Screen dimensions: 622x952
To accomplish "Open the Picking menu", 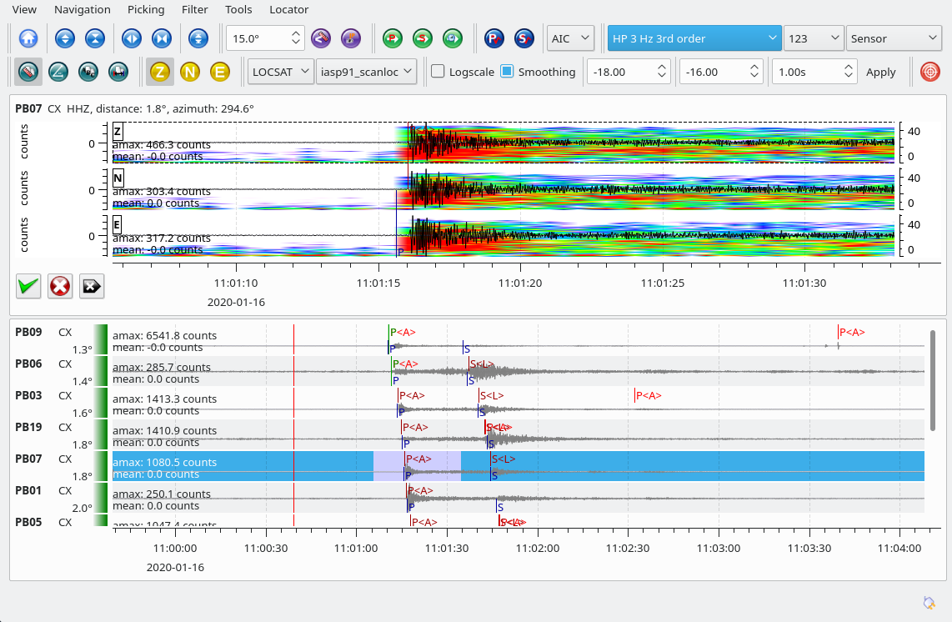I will pyautogui.click(x=146, y=10).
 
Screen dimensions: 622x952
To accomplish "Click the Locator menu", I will pyautogui.click(x=288, y=10).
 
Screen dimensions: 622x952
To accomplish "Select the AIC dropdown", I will pyautogui.click(x=571, y=38).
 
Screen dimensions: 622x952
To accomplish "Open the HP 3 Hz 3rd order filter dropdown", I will pyautogui.click(x=693, y=38).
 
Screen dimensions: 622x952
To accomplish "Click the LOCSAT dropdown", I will pyautogui.click(x=281, y=72).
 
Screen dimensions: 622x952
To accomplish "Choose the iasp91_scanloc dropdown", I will pyautogui.click(x=367, y=72).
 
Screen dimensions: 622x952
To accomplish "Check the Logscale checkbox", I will pyautogui.click(x=438, y=72).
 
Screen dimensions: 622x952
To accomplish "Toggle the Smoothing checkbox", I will pyautogui.click(x=507, y=72).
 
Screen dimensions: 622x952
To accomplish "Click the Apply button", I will pyautogui.click(x=880, y=72).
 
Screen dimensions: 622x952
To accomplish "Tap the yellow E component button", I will pyautogui.click(x=220, y=72).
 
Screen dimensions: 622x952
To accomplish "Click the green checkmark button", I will pyautogui.click(x=28, y=286).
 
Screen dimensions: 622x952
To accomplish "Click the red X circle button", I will pyautogui.click(x=60, y=286).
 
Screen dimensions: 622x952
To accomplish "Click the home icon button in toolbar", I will pyautogui.click(x=28, y=38).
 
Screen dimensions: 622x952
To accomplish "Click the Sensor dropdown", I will pyautogui.click(x=893, y=38).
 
